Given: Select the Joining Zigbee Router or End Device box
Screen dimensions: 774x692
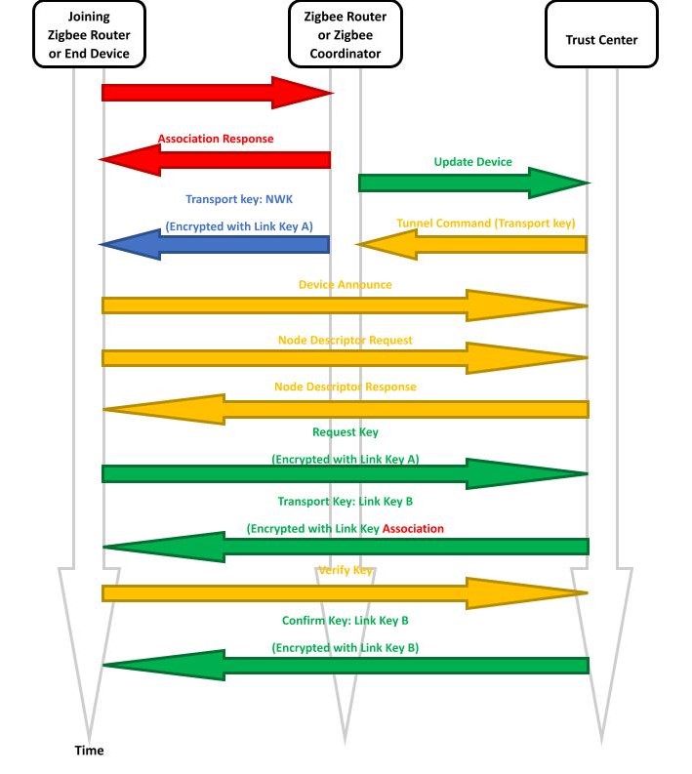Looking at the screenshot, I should tap(89, 34).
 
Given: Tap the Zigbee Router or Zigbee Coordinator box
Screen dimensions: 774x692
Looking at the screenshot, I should tap(345, 34).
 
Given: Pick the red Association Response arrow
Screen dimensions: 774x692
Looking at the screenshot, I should tap(216, 159).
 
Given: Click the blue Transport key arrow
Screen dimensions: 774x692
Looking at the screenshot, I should tap(215, 244).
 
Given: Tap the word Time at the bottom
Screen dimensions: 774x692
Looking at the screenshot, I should tap(89, 751).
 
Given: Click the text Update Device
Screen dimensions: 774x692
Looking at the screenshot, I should tap(472, 162).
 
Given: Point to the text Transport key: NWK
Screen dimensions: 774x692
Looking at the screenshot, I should tap(239, 199).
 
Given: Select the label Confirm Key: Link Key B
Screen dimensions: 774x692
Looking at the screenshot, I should tap(345, 621).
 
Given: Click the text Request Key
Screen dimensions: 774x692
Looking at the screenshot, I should tap(345, 431).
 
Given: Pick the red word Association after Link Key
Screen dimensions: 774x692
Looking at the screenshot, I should tap(413, 528).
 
